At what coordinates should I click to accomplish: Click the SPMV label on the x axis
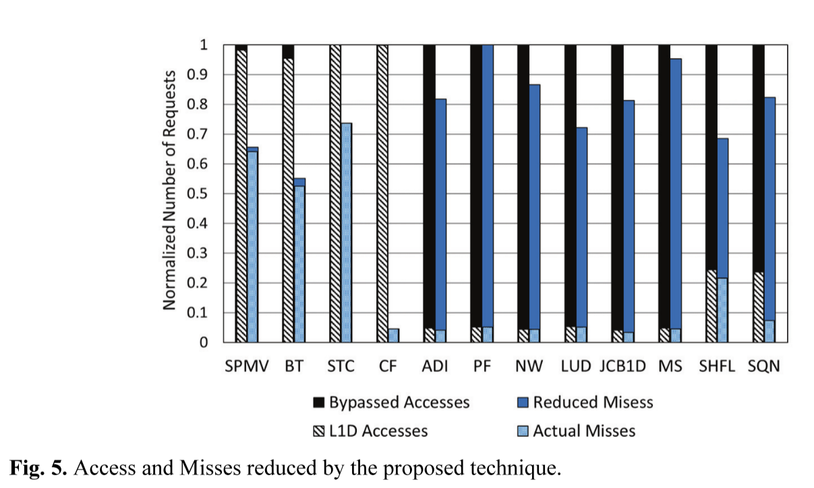click(246, 367)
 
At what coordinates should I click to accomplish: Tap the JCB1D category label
click(622, 367)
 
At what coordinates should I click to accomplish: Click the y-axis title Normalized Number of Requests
click(170, 190)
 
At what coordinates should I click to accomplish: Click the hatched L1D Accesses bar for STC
click(335, 195)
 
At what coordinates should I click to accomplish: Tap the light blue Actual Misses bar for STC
click(346, 233)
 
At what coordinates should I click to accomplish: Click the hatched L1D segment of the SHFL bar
click(711, 306)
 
